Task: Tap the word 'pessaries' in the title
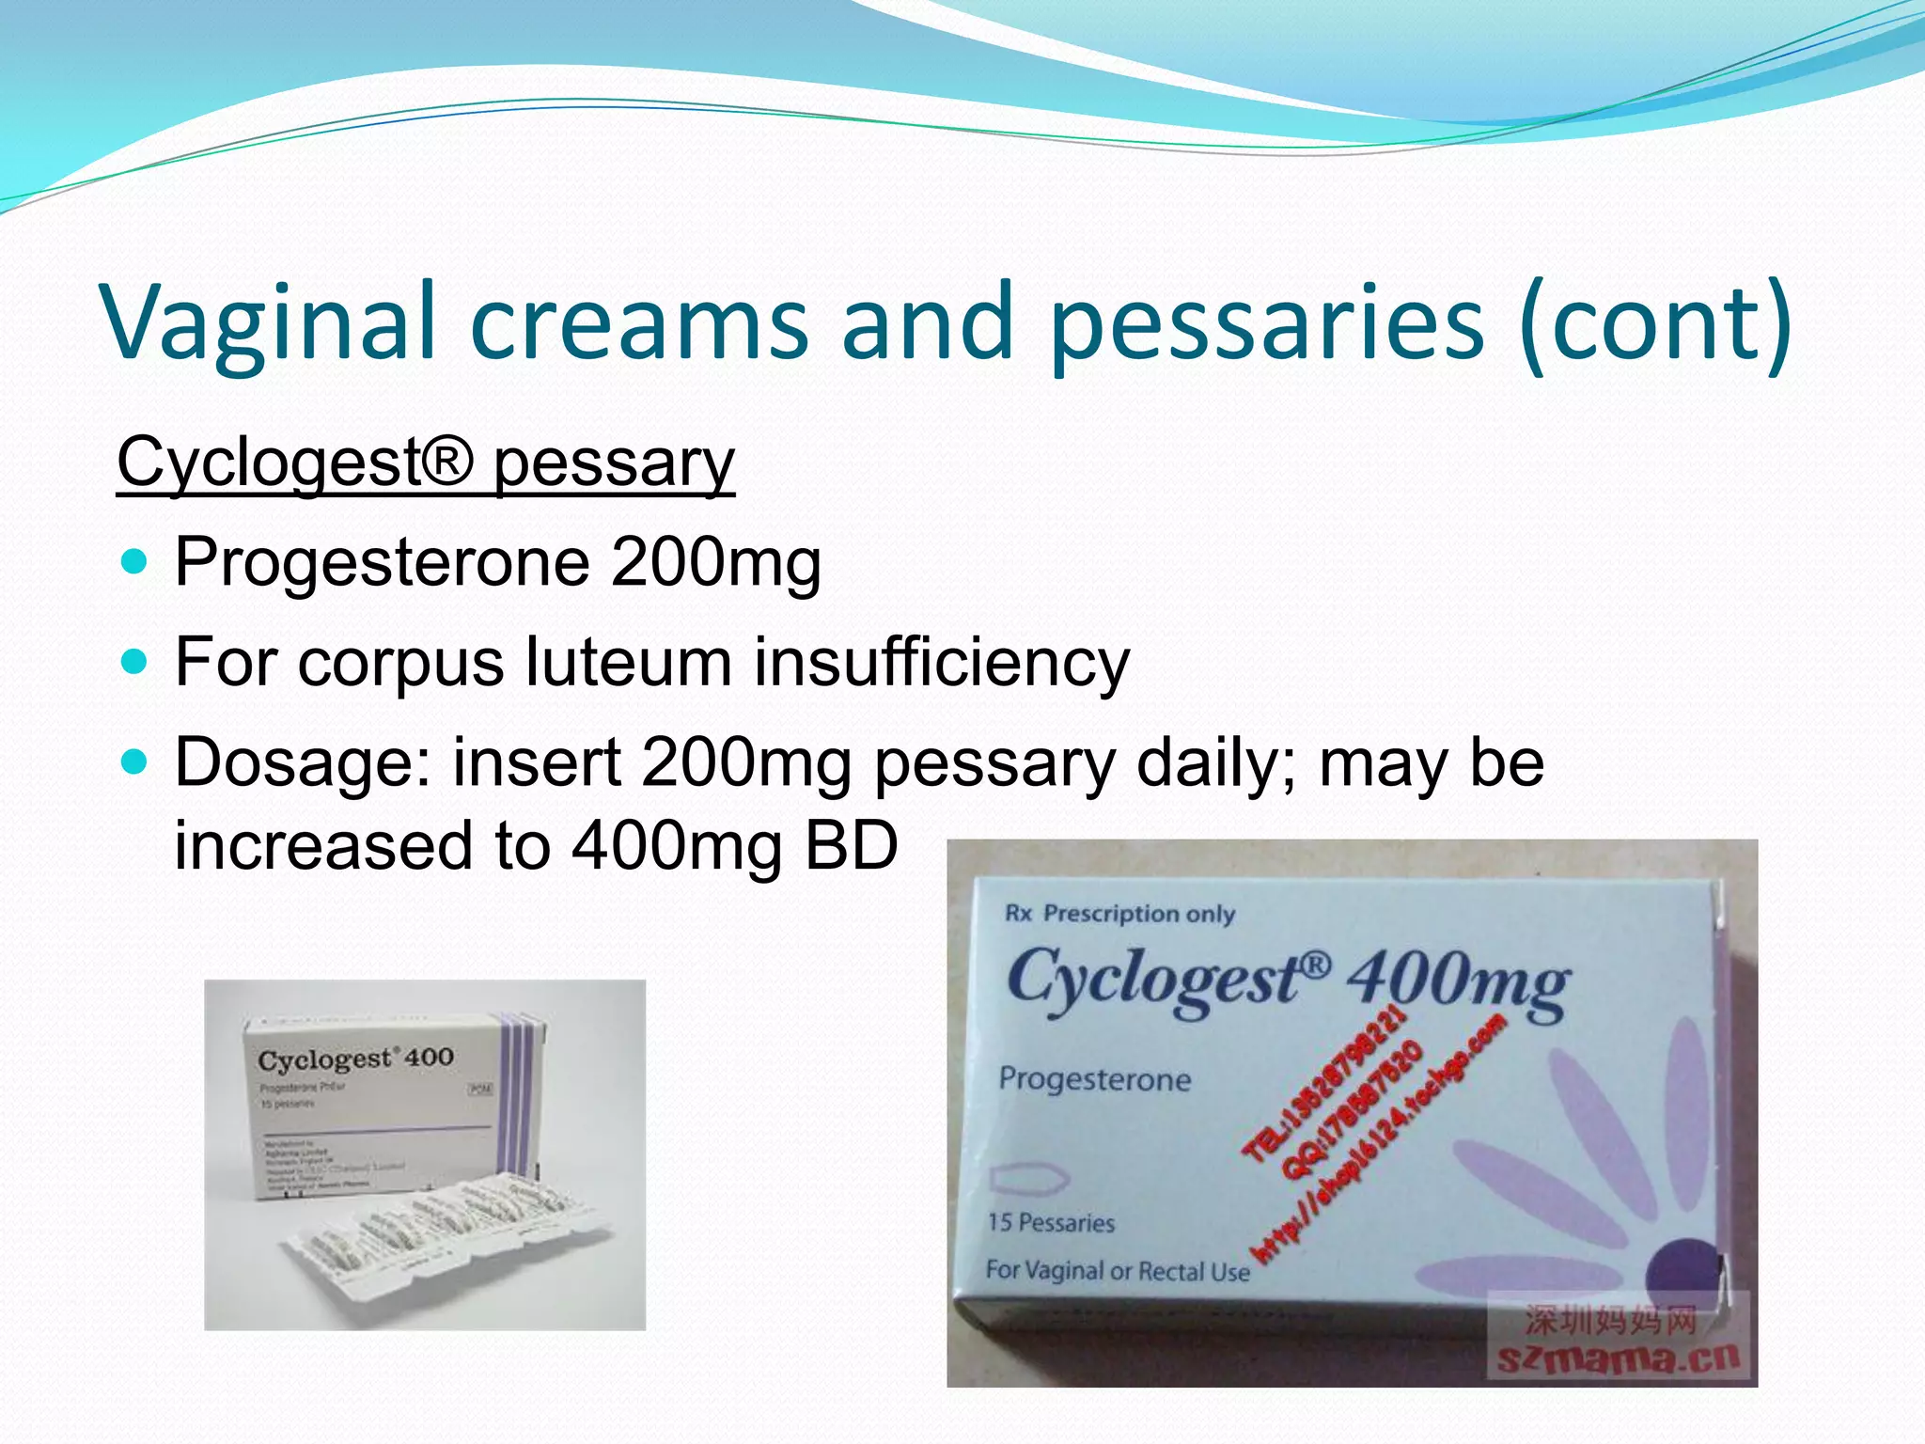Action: pyautogui.click(x=1266, y=322)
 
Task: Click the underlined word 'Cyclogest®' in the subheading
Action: pyautogui.click(x=295, y=463)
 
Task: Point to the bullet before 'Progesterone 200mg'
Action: pyautogui.click(x=135, y=563)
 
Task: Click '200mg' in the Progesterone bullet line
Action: pyautogui.click(x=715, y=563)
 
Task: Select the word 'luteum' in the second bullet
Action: pyautogui.click(x=627, y=662)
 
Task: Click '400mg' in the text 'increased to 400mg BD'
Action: pyautogui.click(x=676, y=845)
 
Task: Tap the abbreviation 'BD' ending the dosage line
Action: pyautogui.click(x=852, y=845)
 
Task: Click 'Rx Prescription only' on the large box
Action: pyautogui.click(x=1119, y=914)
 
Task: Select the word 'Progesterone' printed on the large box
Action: pyautogui.click(x=1094, y=1079)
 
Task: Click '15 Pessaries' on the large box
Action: pyautogui.click(x=1051, y=1223)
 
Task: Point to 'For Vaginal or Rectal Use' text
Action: pyautogui.click(x=1118, y=1271)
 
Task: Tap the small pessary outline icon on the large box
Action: pyautogui.click(x=1030, y=1179)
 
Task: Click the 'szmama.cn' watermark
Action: pyautogui.click(x=1619, y=1358)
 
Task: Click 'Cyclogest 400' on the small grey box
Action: pyautogui.click(x=355, y=1059)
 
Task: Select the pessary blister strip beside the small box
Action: pyautogui.click(x=442, y=1232)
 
